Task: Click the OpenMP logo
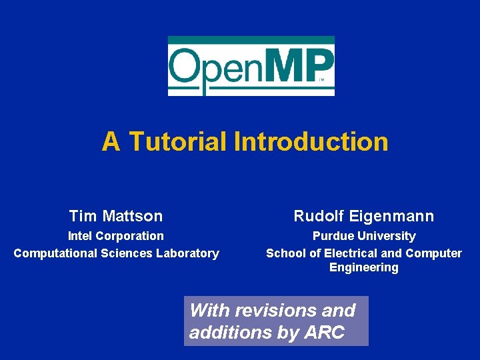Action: coord(251,65)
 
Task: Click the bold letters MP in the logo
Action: coord(303,65)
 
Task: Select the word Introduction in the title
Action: coord(311,141)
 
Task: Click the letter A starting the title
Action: coord(111,141)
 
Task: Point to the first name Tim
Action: coord(83,216)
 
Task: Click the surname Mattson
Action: coord(133,216)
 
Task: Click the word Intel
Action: coord(81,236)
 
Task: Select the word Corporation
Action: coord(130,236)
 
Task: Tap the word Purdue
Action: coord(334,236)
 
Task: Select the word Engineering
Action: coord(364,268)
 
